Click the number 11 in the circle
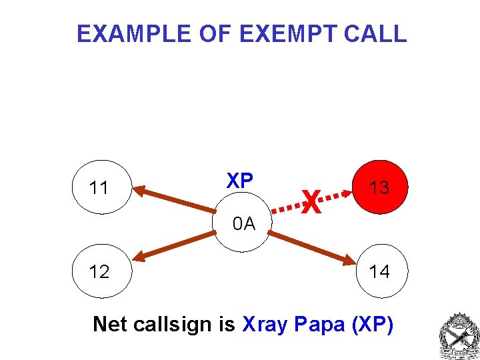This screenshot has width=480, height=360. click(x=99, y=189)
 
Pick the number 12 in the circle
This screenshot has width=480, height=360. click(x=99, y=272)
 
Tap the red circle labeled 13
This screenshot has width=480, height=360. click(x=380, y=187)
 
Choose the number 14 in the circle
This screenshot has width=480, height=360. click(x=379, y=271)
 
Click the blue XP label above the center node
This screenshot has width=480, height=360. click(x=239, y=181)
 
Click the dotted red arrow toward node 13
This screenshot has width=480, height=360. click(x=333, y=195)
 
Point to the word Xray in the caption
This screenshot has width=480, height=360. click(x=265, y=325)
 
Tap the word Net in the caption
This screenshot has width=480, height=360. click(x=110, y=325)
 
